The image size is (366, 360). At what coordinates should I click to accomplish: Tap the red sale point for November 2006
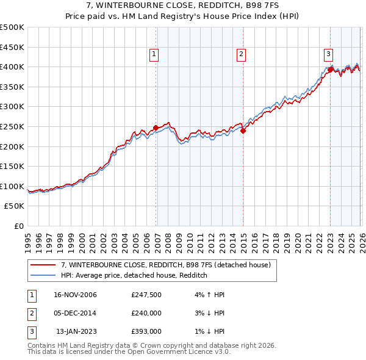156,128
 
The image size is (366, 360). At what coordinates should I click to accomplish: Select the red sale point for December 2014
243,131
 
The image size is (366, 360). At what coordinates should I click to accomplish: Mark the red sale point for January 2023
330,70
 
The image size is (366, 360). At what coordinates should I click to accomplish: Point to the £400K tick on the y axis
12,67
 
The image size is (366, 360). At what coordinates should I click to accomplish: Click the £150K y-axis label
12,166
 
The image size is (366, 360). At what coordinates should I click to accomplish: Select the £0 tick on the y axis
18,226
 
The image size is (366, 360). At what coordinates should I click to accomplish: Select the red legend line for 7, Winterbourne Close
43,265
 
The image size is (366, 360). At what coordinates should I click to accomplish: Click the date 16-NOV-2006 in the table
76,295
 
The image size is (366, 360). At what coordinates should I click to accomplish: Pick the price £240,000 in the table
146,313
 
